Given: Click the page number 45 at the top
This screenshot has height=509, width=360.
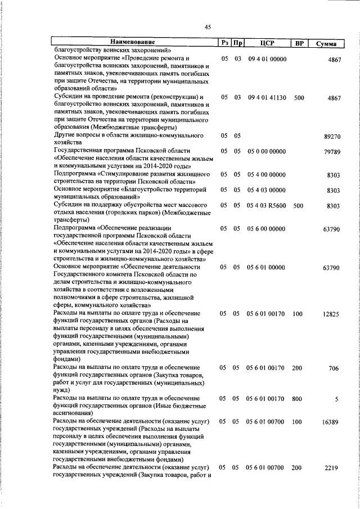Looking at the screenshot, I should click(x=208, y=27).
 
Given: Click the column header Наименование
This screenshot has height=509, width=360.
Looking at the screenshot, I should click(x=133, y=42).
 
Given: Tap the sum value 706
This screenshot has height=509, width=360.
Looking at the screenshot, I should click(x=334, y=368).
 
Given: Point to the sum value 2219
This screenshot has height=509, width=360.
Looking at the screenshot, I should click(x=332, y=469).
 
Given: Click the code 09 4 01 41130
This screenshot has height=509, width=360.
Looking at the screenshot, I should click(x=267, y=97).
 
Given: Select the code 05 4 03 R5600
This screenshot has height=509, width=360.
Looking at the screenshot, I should click(x=267, y=206).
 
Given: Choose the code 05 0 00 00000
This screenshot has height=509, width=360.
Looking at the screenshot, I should click(x=267, y=151).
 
